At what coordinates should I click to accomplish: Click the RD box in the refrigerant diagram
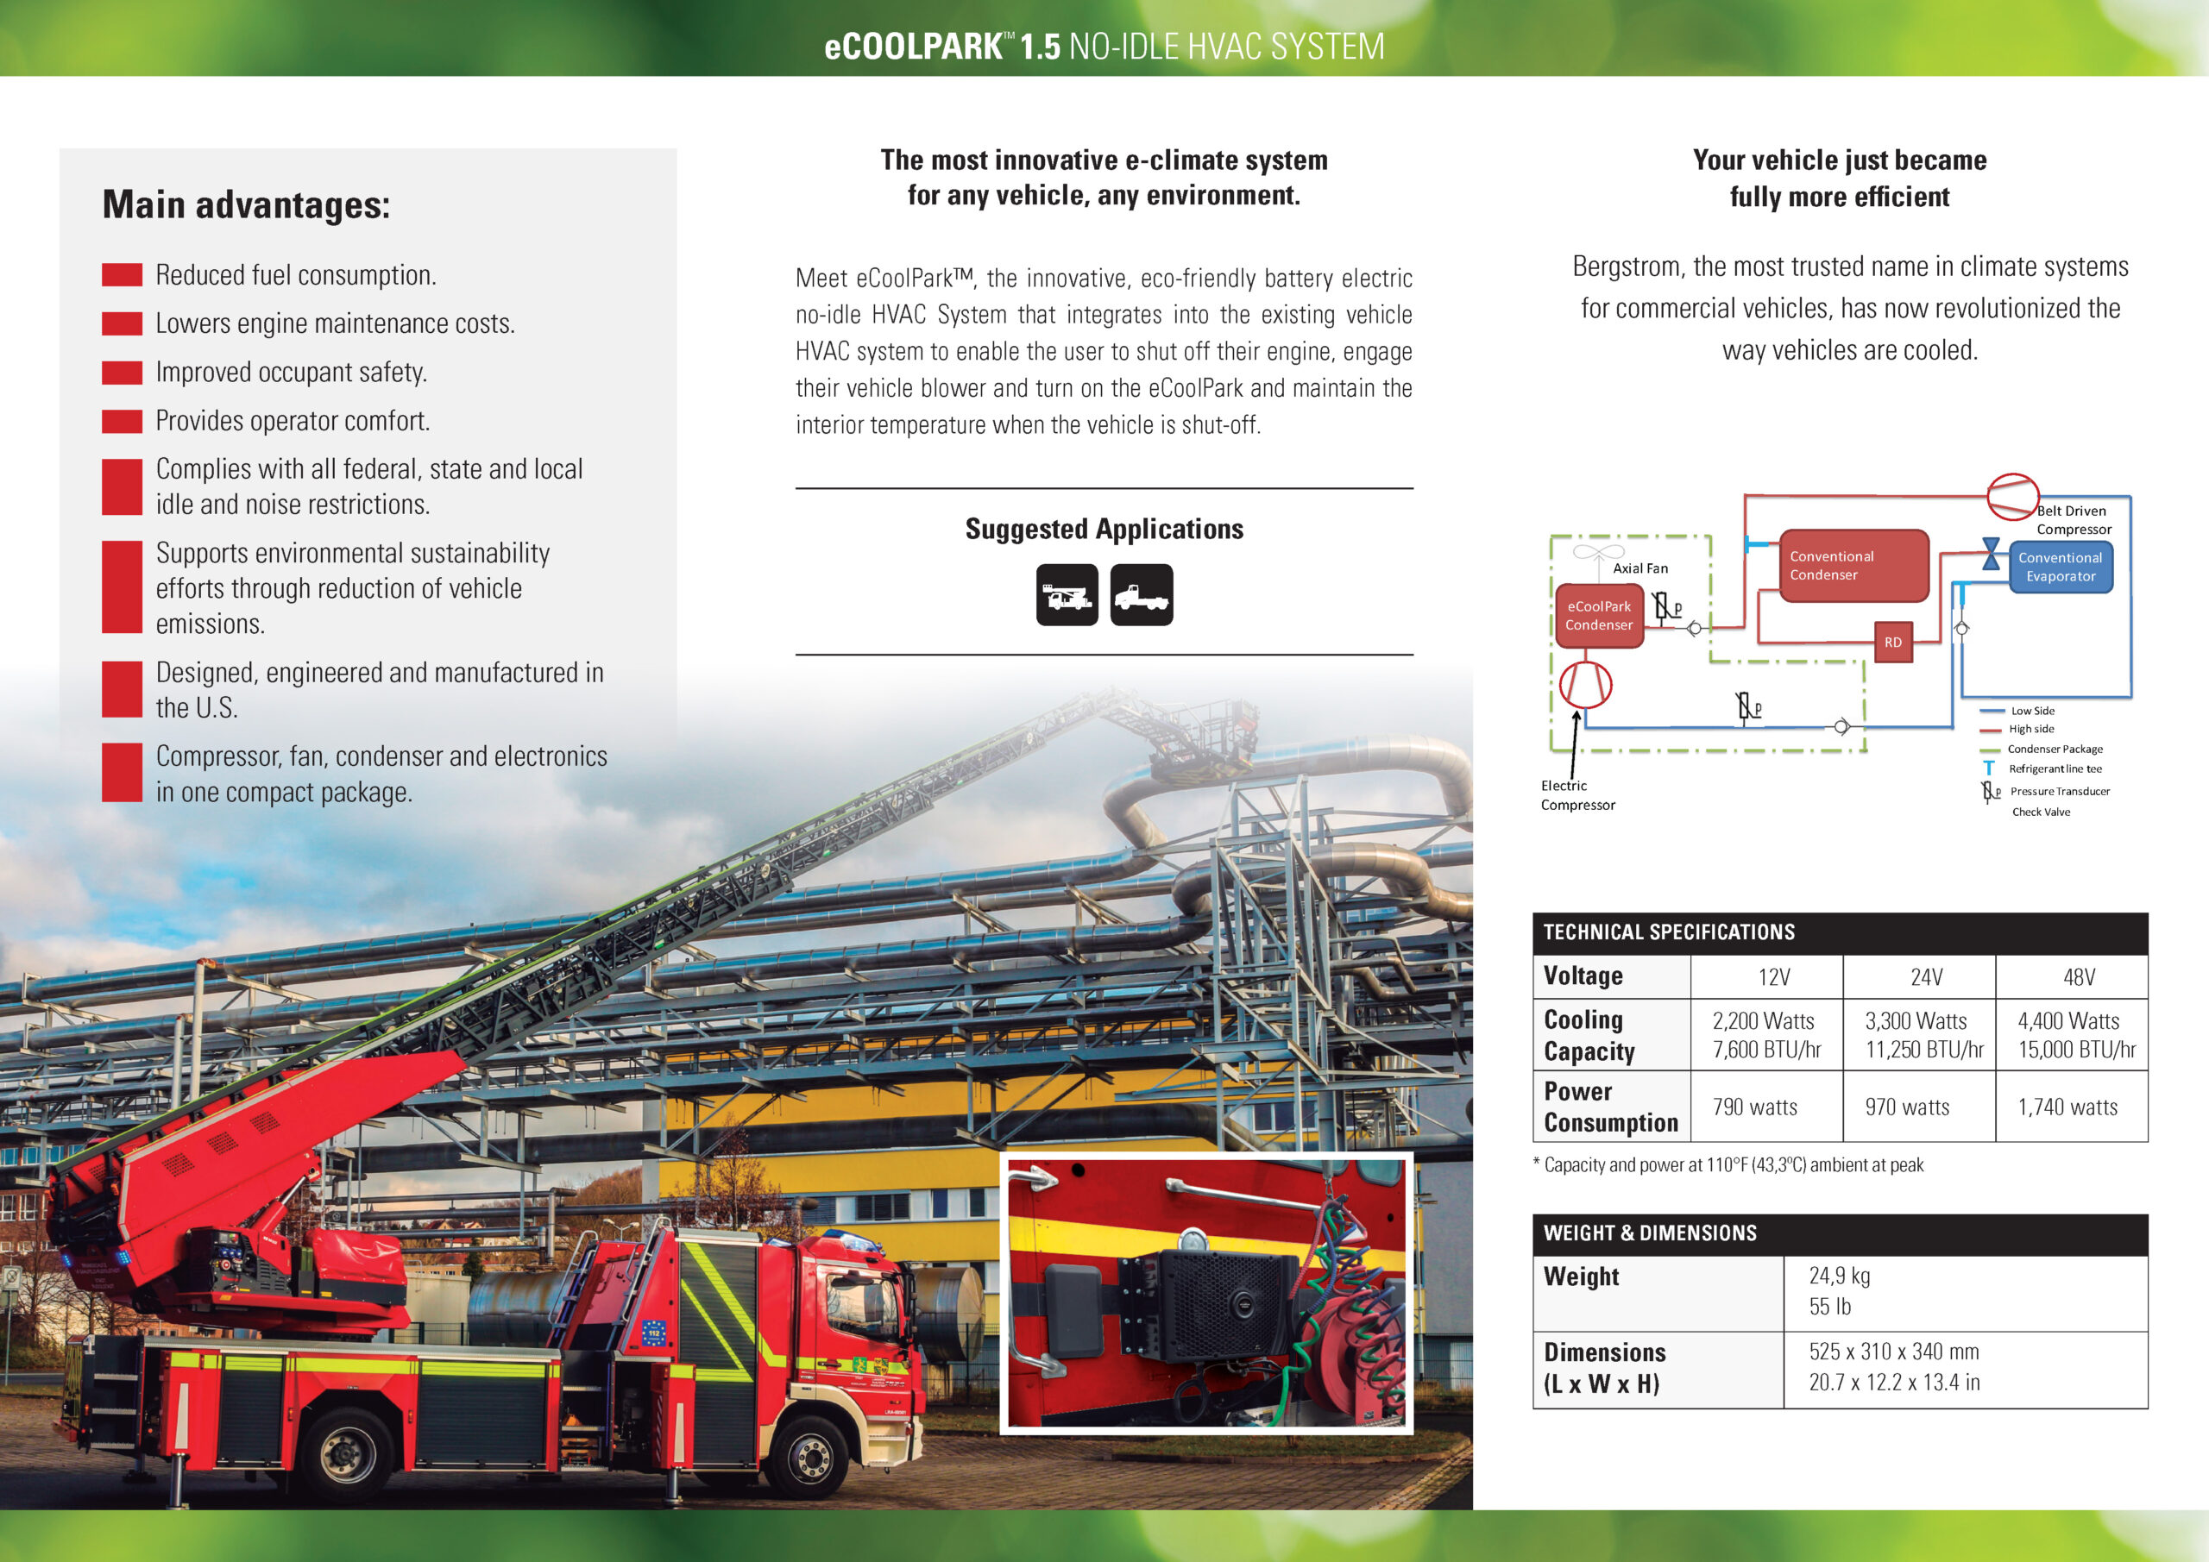coord(1892,643)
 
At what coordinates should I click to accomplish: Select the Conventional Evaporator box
coord(2060,567)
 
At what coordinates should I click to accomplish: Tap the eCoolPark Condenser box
coord(1599,616)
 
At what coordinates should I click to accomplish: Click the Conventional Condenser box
coord(1853,566)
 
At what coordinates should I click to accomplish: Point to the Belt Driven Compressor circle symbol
coord(2013,498)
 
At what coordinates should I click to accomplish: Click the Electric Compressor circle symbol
coord(1584,684)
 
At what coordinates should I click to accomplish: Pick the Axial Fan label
coord(1640,568)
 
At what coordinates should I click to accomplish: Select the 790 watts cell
coord(1755,1107)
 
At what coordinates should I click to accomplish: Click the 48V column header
coord(2078,977)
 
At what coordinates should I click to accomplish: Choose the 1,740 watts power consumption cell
coord(2067,1107)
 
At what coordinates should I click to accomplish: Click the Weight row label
coord(1582,1277)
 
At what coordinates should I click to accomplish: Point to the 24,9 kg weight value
coord(1839,1277)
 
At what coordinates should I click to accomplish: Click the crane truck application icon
coord(1067,595)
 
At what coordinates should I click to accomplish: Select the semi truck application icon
coord(1141,595)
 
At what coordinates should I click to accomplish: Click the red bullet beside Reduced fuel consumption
coord(123,275)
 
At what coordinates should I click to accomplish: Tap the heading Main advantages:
coord(246,205)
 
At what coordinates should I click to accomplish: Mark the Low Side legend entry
coord(2031,711)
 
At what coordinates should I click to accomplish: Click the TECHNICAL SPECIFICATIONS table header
coord(1669,932)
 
